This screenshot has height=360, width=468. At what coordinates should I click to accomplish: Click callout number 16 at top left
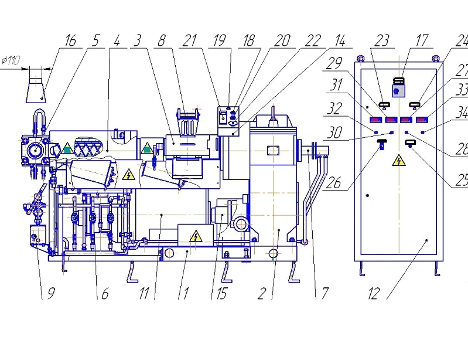(70, 40)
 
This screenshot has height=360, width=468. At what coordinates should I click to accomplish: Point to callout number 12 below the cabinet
(374, 293)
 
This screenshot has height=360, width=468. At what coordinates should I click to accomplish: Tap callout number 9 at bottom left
(44, 293)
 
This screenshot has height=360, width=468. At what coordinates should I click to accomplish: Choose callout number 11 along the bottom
(144, 293)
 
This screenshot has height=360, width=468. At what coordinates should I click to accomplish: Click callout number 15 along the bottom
(221, 293)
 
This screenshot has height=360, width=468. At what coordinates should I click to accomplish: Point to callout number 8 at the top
(162, 40)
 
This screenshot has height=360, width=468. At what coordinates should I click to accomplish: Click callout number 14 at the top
(339, 40)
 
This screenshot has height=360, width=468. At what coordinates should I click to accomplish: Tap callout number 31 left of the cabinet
(336, 86)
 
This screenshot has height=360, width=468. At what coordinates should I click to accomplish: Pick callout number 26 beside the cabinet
(333, 182)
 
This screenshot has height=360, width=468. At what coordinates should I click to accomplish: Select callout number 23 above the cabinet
(381, 40)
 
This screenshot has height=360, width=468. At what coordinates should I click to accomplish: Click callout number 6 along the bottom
(104, 293)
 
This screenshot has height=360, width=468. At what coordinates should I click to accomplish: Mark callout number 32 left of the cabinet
(336, 108)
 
